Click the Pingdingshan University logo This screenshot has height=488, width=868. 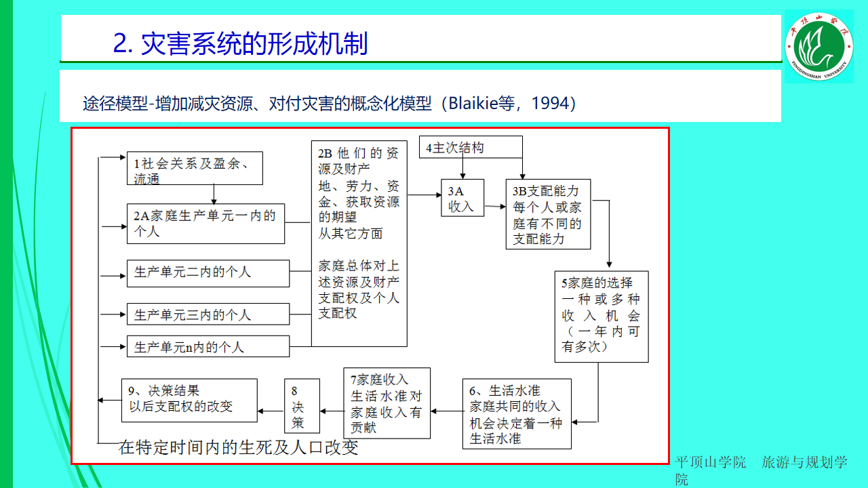(818, 46)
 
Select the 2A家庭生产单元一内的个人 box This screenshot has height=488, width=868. (205, 224)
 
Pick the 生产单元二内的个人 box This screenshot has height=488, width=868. (208, 273)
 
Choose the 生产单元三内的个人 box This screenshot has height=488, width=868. (208, 314)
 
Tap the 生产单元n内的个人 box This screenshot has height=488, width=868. (208, 346)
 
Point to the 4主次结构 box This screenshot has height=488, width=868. (471, 147)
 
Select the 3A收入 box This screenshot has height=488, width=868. (462, 198)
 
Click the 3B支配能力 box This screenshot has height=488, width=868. (548, 214)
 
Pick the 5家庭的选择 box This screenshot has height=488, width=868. (601, 317)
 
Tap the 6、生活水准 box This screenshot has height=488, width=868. (516, 413)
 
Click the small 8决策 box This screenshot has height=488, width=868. (302, 407)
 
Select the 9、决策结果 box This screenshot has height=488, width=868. (189, 399)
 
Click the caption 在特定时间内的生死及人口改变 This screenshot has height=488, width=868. (238, 448)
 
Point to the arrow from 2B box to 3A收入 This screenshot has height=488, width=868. (425, 195)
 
